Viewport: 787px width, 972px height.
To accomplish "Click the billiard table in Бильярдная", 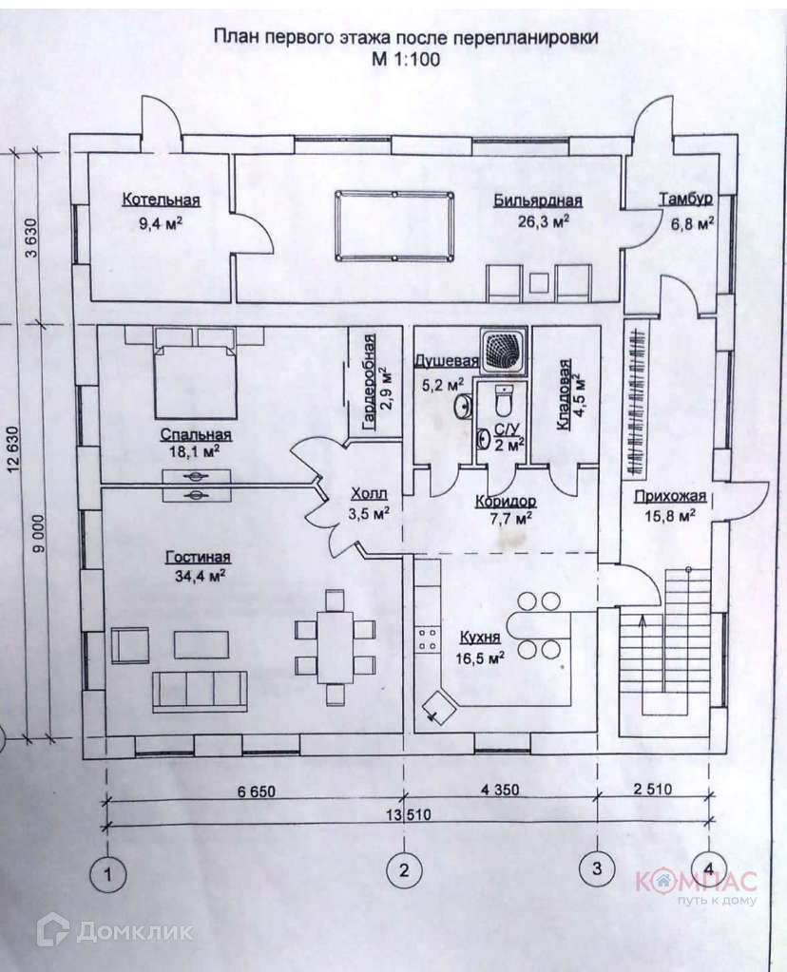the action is point(393,226).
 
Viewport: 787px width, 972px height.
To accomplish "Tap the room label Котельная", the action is point(161,200).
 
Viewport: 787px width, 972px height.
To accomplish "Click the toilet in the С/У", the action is point(503,401).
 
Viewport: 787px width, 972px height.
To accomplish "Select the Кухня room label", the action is point(480,637).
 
